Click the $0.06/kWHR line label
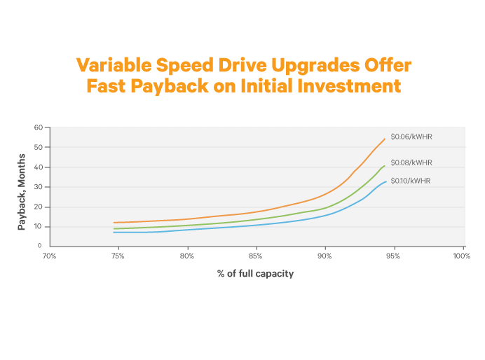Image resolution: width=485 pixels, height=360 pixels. tap(411, 137)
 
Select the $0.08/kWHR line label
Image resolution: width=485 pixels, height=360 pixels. tap(411, 162)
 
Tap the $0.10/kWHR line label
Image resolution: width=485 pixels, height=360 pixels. tap(411, 181)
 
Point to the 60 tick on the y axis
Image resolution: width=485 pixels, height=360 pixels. tap(39, 127)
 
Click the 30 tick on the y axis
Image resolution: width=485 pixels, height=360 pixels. tap(39, 187)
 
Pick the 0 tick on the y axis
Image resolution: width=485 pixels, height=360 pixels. tap(41, 247)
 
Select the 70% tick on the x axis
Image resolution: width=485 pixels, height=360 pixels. tap(49, 256)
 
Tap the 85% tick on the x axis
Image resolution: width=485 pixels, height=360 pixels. tap(256, 256)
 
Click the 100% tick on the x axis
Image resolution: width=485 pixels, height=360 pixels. tap(461, 256)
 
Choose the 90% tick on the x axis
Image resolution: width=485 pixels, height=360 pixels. tap(325, 256)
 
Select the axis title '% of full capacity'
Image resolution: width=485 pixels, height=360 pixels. tap(255, 274)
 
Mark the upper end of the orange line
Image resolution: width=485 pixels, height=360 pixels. tap(385, 139)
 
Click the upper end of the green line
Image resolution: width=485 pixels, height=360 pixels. tap(384, 166)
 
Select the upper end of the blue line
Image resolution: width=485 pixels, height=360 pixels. tap(385, 182)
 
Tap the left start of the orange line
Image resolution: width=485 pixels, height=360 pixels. tap(114, 223)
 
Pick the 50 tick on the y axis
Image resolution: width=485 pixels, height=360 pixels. tap(39, 147)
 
